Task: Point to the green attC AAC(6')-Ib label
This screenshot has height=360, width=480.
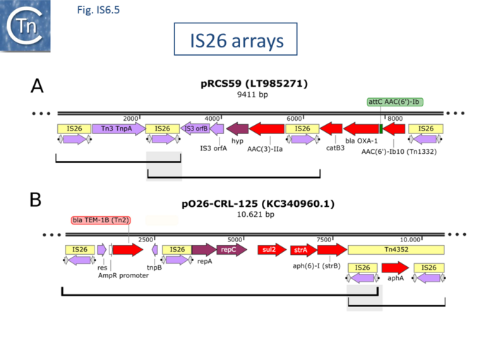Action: click(x=395, y=102)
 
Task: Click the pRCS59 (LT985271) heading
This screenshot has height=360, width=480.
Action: click(x=253, y=83)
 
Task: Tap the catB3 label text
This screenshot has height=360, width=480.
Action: click(x=334, y=148)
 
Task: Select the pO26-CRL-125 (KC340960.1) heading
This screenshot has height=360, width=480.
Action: click(x=253, y=204)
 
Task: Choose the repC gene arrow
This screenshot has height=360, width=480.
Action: click(x=231, y=249)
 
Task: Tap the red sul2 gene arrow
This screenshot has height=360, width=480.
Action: click(x=270, y=249)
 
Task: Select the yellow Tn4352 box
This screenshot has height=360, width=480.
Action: click(x=396, y=250)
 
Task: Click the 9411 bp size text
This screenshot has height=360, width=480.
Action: click(x=253, y=94)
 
